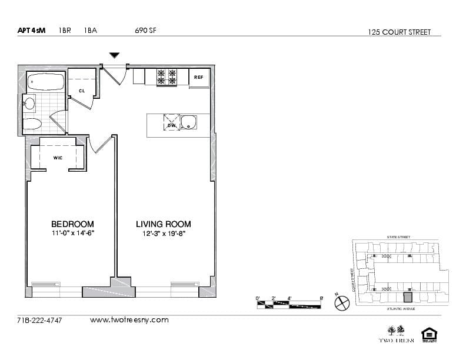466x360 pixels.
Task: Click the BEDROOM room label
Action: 72,224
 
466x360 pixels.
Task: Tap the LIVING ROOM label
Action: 163,224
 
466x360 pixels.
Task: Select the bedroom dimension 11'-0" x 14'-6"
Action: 72,234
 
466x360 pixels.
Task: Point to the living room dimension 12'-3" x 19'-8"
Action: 164,234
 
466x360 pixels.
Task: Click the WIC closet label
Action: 58,158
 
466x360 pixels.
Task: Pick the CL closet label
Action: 82,91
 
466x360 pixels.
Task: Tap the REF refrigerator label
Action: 199,78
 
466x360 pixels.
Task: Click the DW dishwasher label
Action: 171,125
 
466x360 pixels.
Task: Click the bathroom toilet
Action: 31,124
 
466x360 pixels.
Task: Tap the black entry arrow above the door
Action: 114,55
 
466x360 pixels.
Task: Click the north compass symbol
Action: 342,303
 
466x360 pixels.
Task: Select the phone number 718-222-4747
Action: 40,321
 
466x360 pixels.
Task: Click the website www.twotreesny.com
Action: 129,320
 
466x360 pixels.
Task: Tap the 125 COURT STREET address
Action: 399,32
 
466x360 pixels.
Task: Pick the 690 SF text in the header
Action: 146,31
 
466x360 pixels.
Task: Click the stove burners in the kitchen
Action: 166,76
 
